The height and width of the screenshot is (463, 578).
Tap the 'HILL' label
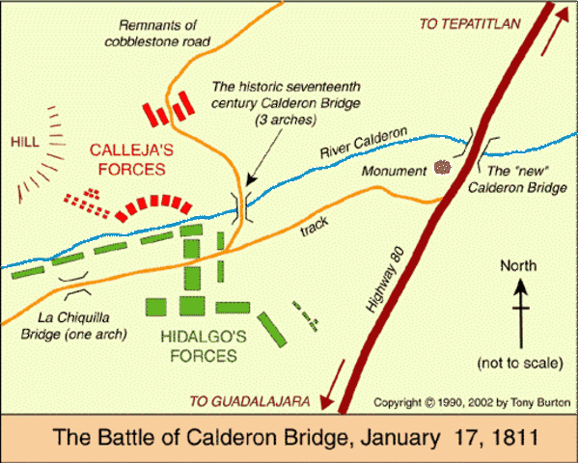tap(25, 141)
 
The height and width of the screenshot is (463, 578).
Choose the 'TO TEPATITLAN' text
tap(467, 24)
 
